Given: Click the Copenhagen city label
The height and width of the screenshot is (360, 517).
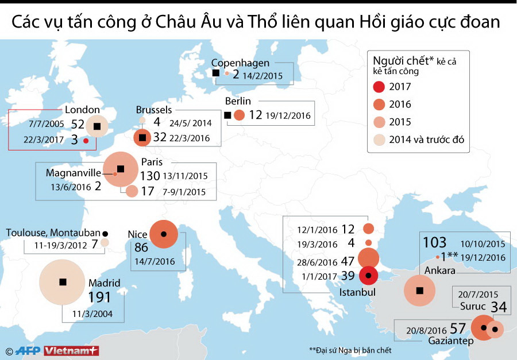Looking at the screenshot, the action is [x=240, y=63].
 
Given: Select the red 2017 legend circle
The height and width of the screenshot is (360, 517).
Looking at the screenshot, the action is [x=379, y=87].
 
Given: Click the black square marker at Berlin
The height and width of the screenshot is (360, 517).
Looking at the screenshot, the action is [x=227, y=115].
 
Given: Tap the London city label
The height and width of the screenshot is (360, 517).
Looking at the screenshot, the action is [x=82, y=110].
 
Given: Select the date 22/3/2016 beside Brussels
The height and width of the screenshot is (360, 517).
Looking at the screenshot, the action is [x=190, y=138].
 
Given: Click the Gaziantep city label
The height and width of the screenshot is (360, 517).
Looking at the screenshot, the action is [x=452, y=341].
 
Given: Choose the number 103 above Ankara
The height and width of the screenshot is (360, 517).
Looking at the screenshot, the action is [x=435, y=242].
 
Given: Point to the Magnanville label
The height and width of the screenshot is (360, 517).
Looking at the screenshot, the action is [x=74, y=172].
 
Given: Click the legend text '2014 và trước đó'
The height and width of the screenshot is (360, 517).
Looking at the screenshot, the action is [x=426, y=139].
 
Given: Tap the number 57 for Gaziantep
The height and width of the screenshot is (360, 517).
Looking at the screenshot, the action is [x=457, y=328].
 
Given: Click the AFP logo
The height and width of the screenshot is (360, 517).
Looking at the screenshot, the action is [x=28, y=351].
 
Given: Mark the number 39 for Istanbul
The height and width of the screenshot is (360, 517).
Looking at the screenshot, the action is [x=348, y=276].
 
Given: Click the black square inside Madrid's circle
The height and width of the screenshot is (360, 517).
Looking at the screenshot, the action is [x=63, y=282].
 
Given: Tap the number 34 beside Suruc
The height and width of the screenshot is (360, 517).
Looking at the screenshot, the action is [x=498, y=307].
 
